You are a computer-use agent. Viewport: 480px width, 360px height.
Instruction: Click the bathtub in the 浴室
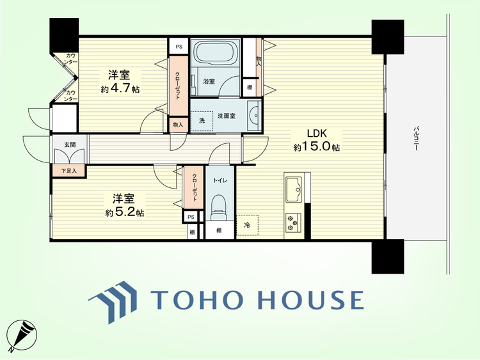[214, 52]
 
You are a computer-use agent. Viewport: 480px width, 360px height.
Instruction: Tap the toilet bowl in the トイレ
[219, 207]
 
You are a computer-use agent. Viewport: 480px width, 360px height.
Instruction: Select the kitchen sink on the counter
[294, 189]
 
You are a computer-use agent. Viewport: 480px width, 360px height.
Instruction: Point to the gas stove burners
[292, 222]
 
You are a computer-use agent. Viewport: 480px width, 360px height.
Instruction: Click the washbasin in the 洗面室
[254, 115]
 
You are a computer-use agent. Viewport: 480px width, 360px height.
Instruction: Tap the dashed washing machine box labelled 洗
[202, 121]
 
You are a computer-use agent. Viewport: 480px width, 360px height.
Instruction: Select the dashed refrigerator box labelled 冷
[247, 225]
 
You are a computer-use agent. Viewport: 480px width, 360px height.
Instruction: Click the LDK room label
[317, 134]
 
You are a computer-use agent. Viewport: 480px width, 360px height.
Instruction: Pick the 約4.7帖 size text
[120, 89]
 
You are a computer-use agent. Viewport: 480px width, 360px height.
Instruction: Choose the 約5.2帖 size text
[125, 212]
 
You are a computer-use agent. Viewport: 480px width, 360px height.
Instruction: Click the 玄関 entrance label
[70, 145]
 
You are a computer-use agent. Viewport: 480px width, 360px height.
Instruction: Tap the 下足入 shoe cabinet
[69, 171]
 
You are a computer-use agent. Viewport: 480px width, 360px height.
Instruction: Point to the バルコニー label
[416, 138]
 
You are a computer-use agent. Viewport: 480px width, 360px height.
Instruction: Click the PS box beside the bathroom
[179, 47]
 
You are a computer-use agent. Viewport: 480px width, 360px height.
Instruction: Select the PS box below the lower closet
[191, 217]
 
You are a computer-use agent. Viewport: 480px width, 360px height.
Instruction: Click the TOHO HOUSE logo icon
[113, 302]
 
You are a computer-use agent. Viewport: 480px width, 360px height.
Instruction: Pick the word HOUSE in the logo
[310, 299]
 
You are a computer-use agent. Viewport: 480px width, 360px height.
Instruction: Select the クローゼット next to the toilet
[194, 187]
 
